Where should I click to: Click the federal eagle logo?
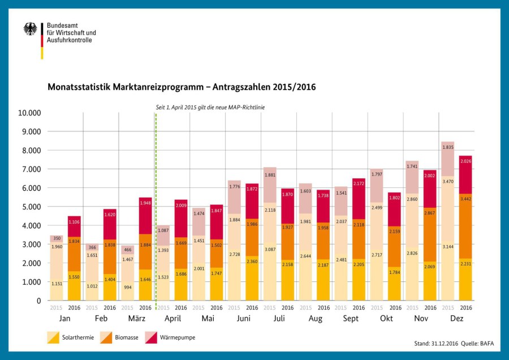30,29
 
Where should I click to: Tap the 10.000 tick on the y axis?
29,113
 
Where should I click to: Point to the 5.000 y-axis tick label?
31,207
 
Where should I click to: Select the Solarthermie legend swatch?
54,337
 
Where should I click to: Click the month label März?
136,319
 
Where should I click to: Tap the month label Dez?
456,319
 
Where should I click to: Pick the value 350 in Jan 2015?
57,239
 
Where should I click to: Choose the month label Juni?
243,319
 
